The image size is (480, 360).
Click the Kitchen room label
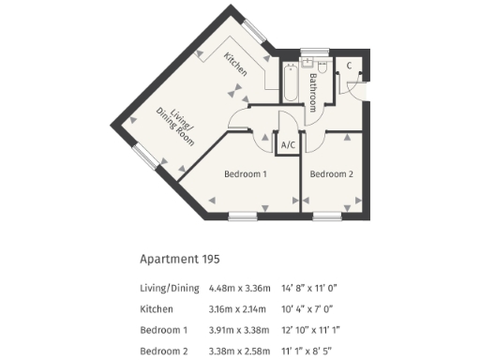point(235,64)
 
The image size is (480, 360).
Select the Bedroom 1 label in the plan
point(246,173)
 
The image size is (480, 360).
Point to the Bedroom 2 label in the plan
point(332,173)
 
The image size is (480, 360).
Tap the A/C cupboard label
point(289,146)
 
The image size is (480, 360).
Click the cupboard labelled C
point(349,66)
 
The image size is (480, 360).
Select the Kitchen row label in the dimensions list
point(158,307)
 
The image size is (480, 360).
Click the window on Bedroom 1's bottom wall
point(243,217)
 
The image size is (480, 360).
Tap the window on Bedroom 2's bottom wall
point(327,217)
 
